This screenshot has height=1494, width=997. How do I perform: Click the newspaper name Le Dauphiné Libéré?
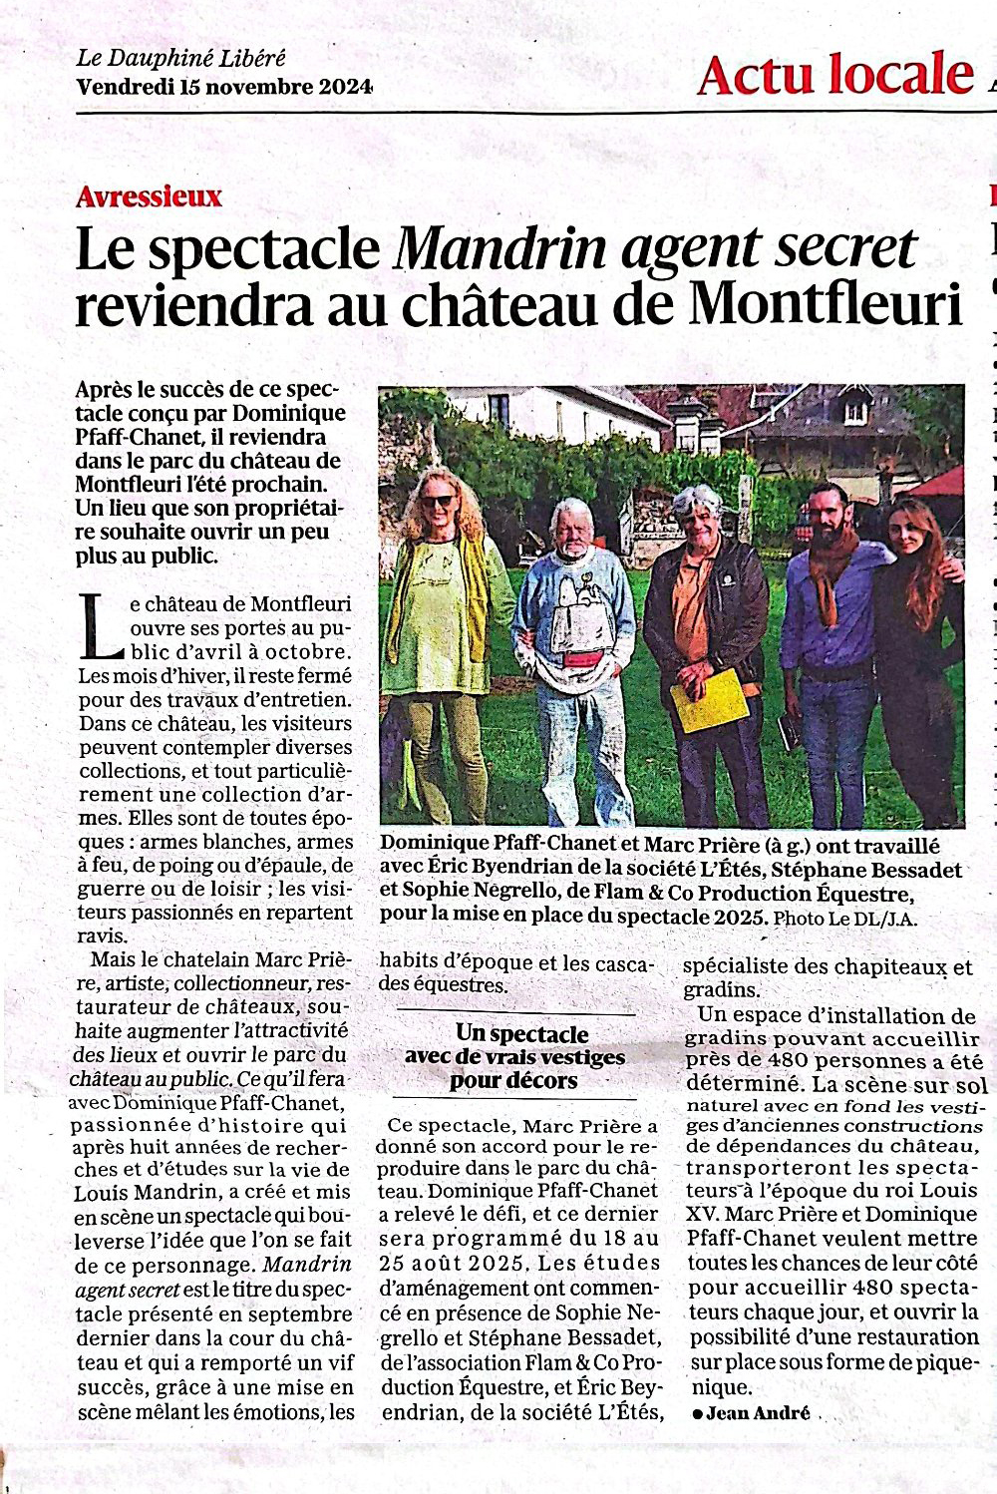click(180, 58)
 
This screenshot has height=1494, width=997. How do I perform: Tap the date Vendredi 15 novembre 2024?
click(223, 87)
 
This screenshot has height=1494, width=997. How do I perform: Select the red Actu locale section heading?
click(834, 75)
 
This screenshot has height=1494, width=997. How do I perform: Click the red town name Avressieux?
click(149, 195)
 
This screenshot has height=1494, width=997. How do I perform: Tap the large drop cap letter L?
click(100, 627)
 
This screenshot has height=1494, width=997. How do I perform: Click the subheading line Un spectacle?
click(521, 1033)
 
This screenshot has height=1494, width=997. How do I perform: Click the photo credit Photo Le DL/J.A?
click(844, 918)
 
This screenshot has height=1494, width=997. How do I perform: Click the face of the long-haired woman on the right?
click(906, 532)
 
